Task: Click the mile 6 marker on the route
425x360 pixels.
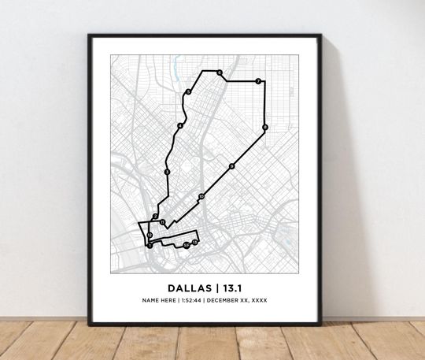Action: pos(220,73)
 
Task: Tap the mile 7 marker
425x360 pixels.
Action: pos(257,81)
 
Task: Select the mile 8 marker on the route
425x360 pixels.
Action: pos(265,127)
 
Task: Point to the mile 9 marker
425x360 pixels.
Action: pos(231,166)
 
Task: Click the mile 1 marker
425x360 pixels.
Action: pos(194,243)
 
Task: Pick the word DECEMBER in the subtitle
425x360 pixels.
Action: pos(227,302)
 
